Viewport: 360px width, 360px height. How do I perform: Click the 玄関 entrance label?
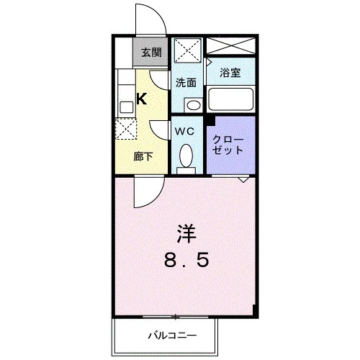(x=151, y=53)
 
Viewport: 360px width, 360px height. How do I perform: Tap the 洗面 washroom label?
(x=186, y=83)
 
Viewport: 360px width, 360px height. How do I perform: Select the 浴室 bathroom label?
(x=230, y=73)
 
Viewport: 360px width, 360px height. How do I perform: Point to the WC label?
(x=184, y=131)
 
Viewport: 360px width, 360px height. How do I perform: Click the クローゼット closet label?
(x=228, y=145)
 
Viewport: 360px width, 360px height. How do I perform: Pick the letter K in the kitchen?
(x=142, y=99)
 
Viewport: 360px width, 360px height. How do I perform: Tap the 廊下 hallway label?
(x=143, y=156)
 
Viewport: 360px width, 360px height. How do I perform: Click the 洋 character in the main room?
(x=186, y=233)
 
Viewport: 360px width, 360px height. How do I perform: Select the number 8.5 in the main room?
(x=186, y=261)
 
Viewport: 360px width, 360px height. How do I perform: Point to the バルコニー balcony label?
(x=172, y=335)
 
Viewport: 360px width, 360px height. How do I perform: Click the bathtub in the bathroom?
(x=230, y=99)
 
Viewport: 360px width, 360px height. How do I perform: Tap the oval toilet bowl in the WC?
(x=186, y=156)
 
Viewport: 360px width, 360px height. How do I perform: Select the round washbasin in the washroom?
(x=194, y=105)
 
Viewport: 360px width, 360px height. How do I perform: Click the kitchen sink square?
(x=127, y=107)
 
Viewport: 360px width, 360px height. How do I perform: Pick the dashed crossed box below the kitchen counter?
(x=126, y=129)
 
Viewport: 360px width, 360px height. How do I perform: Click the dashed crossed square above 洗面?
(x=187, y=50)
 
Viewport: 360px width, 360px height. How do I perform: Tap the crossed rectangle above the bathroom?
(x=230, y=46)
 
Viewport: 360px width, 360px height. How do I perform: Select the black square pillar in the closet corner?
(x=210, y=121)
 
